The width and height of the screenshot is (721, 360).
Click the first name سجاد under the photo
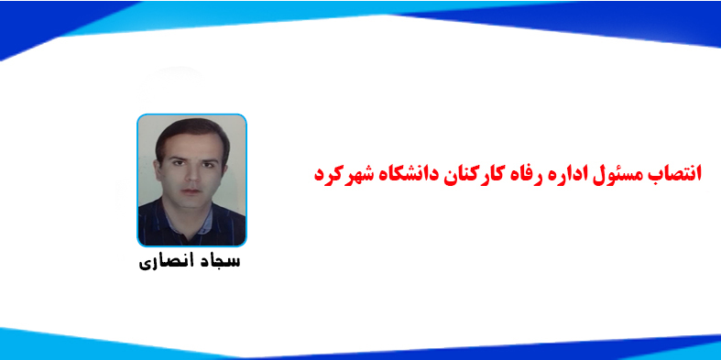click(217, 263)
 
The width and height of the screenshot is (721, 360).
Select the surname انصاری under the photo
click(163, 263)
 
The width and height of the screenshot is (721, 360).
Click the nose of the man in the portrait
click(190, 174)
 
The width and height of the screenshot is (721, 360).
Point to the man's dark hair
click(188, 128)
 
